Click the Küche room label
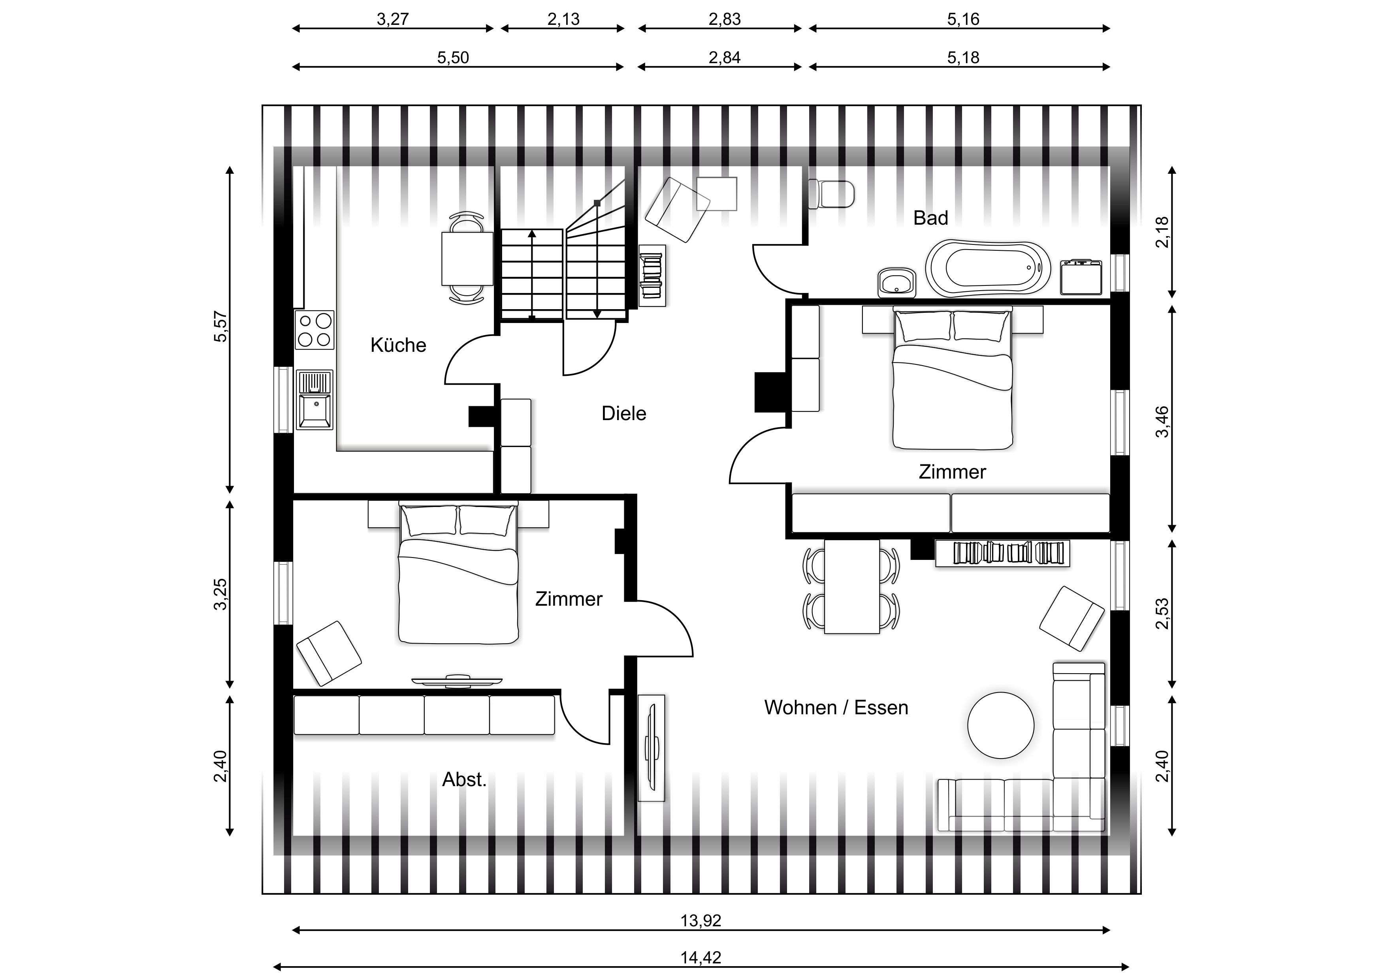coord(398,345)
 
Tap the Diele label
coord(623,413)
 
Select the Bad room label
coord(930,218)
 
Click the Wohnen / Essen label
coord(836,707)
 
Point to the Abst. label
coord(463,780)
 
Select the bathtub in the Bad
coord(988,268)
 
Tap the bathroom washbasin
coord(897,282)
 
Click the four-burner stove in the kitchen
coord(314,329)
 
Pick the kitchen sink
coord(314,400)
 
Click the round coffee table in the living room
coord(1000,725)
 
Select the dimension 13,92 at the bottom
coord(700,921)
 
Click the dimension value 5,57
coord(221,327)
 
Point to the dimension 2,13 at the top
coord(563,19)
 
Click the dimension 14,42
coord(700,957)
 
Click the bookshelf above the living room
coord(1002,553)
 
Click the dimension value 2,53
coord(1162,614)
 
